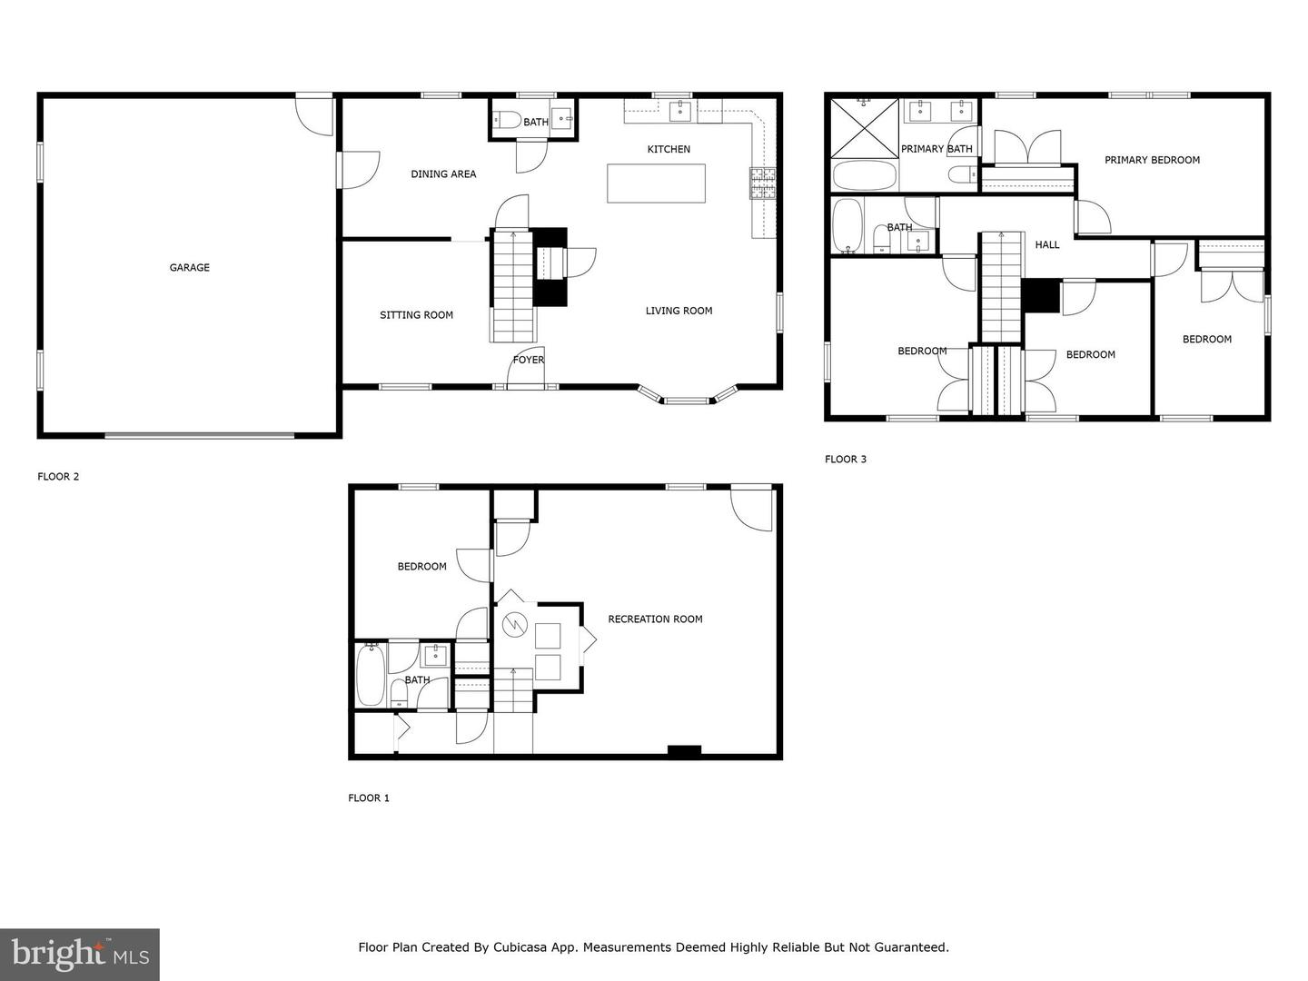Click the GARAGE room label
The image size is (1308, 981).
pyautogui.click(x=189, y=268)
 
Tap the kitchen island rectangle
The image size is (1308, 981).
pyautogui.click(x=656, y=183)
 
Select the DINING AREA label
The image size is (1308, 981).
pyautogui.click(x=443, y=174)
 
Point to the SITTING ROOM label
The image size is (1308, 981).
pyautogui.click(x=416, y=315)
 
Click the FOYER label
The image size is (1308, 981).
pyautogui.click(x=528, y=360)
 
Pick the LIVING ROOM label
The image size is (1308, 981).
pyautogui.click(x=679, y=311)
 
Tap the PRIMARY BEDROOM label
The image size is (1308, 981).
pyautogui.click(x=1152, y=160)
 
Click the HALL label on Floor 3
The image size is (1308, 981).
pyautogui.click(x=1047, y=244)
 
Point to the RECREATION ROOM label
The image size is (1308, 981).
pyautogui.click(x=655, y=619)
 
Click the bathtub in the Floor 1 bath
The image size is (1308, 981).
pyautogui.click(x=371, y=675)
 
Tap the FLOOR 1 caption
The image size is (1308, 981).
pyautogui.click(x=369, y=798)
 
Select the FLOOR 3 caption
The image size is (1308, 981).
pyautogui.click(x=845, y=460)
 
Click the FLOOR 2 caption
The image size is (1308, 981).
pyautogui.click(x=58, y=477)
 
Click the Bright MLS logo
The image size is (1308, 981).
pyautogui.click(x=80, y=954)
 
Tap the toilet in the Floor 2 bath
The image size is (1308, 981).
pyautogui.click(x=506, y=119)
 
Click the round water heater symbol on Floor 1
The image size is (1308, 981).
pyautogui.click(x=513, y=625)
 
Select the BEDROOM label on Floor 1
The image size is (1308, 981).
pyautogui.click(x=421, y=567)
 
